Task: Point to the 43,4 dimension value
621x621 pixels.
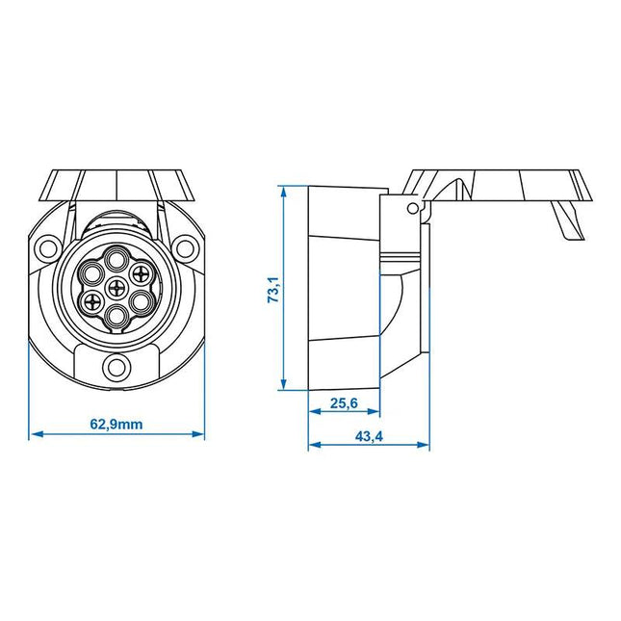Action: [x=369, y=435]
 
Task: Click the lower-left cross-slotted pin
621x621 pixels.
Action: [x=92, y=301]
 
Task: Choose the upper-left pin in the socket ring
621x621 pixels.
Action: [x=93, y=272]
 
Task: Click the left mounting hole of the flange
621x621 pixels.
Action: [x=46, y=248]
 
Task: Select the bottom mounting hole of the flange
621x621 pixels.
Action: [x=116, y=367]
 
